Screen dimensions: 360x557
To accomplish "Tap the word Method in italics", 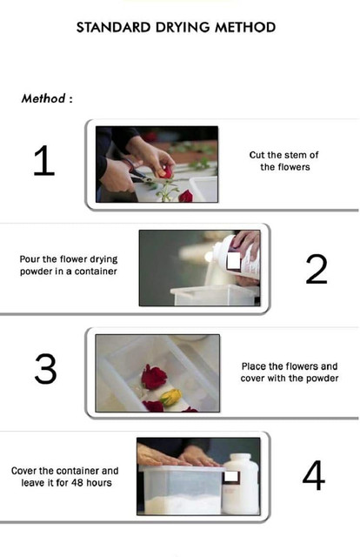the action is click(x=43, y=98).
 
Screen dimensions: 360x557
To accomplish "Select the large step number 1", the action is click(x=44, y=160).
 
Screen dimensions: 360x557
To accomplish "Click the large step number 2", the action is click(x=316, y=269).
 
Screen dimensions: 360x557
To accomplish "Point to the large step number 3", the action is click(x=45, y=369).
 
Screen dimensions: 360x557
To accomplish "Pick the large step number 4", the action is click(x=314, y=475).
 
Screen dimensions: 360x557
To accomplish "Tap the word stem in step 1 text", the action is click(x=290, y=155).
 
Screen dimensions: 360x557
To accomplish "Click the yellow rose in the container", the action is click(x=170, y=397).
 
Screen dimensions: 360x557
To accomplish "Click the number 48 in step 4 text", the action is click(x=77, y=483).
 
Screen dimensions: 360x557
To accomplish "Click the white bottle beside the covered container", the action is click(x=240, y=483).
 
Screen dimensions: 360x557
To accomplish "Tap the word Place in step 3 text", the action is click(x=254, y=366).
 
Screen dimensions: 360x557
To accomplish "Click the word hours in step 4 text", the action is click(x=99, y=483).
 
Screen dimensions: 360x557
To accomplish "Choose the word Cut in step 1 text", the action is click(x=256, y=155).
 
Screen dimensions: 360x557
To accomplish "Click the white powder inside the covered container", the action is click(x=183, y=504).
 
